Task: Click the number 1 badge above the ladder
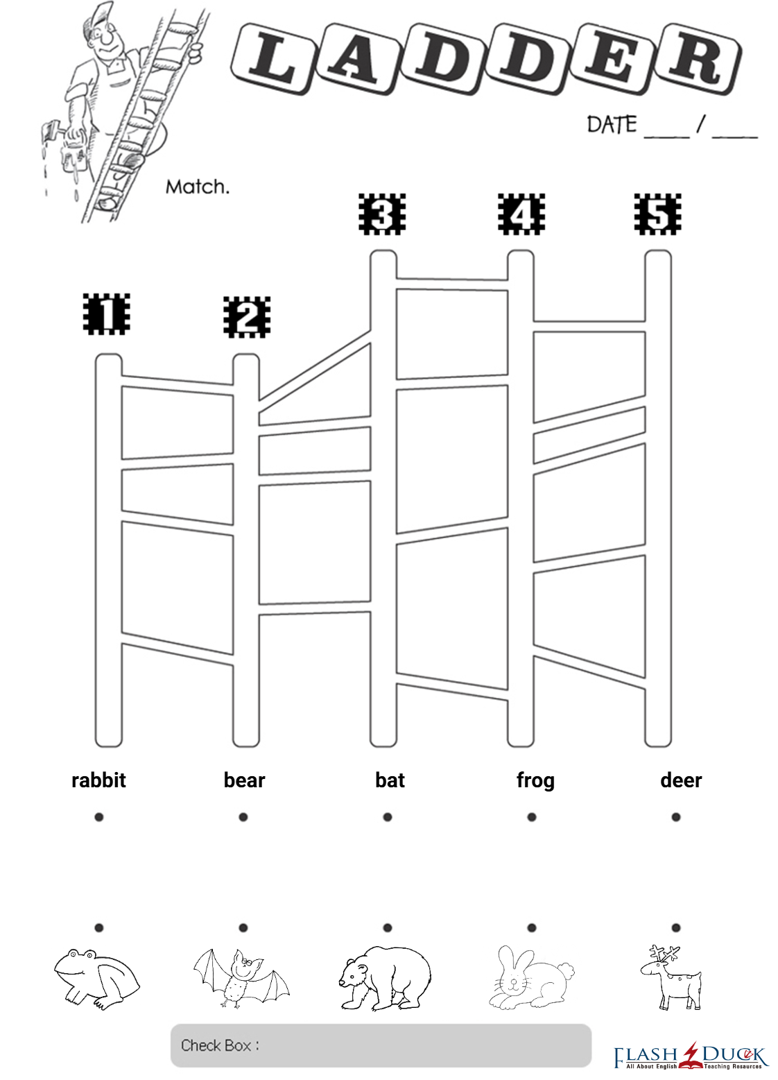point(107,314)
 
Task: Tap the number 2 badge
point(247,317)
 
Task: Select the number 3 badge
point(382,214)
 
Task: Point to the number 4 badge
point(521,214)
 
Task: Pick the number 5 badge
point(658,214)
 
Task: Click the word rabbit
point(99,780)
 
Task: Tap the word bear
point(244,780)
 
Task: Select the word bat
point(390,780)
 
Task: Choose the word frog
point(535,781)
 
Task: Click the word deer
point(681,780)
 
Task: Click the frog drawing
point(96,979)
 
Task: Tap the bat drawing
point(241,978)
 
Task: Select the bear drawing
point(385,978)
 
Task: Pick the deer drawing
point(671,977)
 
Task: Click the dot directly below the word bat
point(388,816)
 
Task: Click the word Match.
point(197,187)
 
